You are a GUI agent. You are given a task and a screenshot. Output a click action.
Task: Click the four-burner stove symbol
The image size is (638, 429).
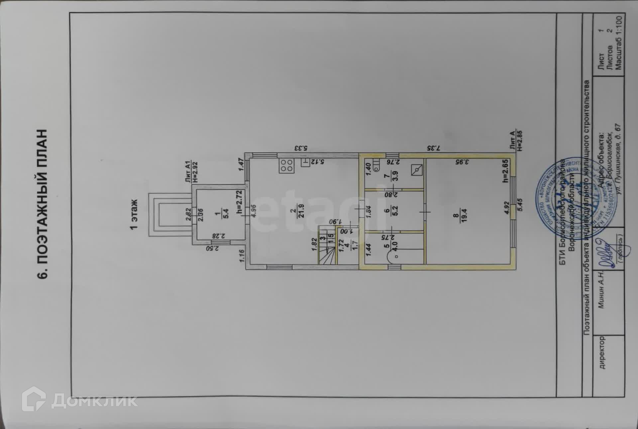[x=286, y=166]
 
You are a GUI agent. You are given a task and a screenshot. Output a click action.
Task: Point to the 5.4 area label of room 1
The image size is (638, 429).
[x=226, y=213]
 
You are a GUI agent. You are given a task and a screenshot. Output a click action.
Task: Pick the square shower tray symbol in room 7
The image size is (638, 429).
[x=417, y=170]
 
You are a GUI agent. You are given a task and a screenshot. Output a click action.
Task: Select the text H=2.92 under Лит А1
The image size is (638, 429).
[x=195, y=172]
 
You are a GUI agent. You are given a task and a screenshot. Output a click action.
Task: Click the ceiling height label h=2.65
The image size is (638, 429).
[x=505, y=171]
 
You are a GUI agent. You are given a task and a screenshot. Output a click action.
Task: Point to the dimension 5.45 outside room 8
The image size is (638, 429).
[x=520, y=204]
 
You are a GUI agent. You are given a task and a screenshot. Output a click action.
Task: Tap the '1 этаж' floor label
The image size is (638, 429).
[x=134, y=214]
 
